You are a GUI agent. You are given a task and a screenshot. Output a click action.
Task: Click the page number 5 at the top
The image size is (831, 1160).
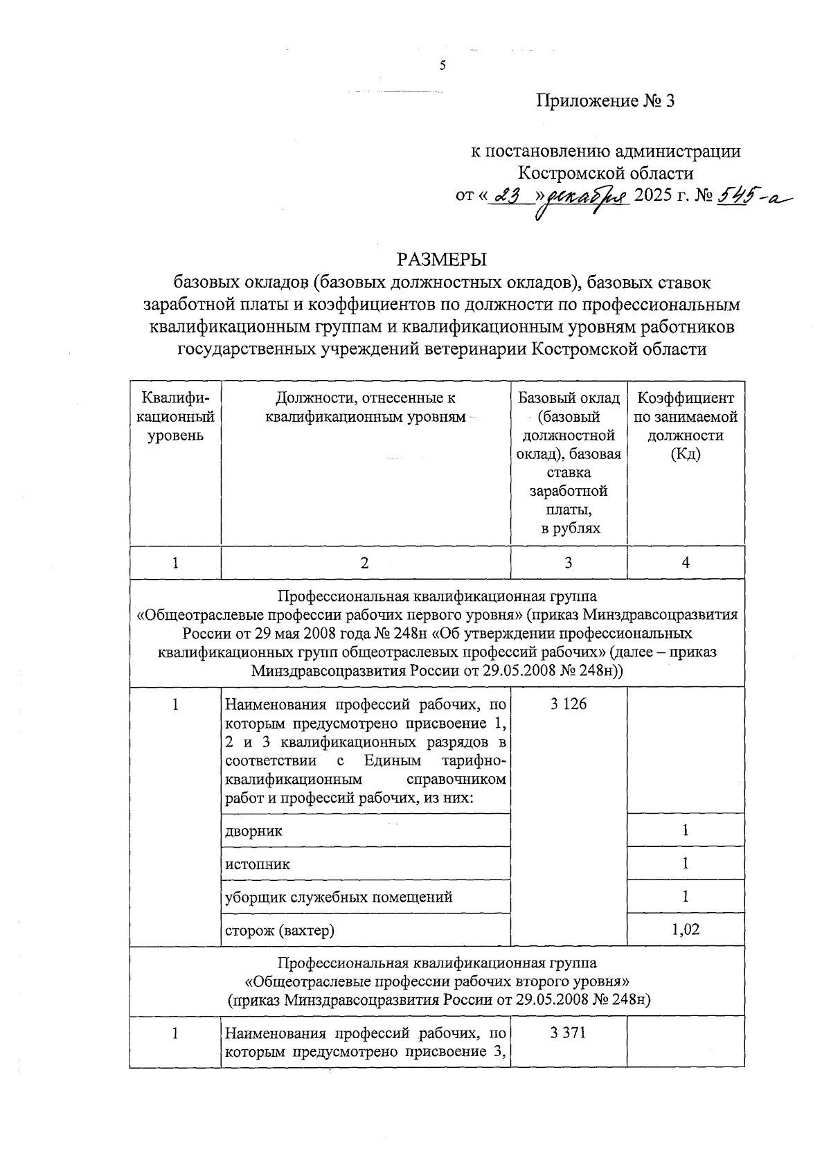click(x=443, y=66)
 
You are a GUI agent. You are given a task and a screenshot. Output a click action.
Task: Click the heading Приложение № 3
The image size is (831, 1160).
click(x=605, y=101)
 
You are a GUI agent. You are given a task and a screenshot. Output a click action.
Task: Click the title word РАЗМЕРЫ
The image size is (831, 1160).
click(x=442, y=260)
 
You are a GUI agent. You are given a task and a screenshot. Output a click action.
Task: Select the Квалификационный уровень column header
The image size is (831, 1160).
click(x=175, y=417)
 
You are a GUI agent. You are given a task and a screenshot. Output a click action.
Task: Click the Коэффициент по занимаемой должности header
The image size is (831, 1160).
click(x=686, y=426)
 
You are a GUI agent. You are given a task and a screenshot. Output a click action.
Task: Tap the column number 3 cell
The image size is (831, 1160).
click(x=569, y=563)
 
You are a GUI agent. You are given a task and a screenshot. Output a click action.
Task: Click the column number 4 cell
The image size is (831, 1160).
click(x=686, y=563)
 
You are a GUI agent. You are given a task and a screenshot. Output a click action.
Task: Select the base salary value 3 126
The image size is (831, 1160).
click(x=569, y=704)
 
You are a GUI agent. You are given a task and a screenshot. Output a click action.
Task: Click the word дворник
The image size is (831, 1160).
click(x=254, y=830)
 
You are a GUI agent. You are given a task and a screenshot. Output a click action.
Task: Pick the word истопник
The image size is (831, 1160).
click(x=258, y=864)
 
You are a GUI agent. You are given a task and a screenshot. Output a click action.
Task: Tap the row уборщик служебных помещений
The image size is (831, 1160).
click(x=339, y=897)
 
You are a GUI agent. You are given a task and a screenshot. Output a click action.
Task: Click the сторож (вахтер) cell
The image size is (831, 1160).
click(x=280, y=930)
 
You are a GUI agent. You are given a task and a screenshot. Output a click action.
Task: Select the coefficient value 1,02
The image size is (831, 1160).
click(x=686, y=929)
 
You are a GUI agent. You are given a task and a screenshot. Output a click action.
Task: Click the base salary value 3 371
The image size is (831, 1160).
click(x=569, y=1033)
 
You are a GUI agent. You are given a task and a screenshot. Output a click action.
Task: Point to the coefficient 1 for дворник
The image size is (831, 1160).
click(x=686, y=830)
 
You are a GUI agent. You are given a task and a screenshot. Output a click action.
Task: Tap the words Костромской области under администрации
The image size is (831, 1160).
click(x=607, y=172)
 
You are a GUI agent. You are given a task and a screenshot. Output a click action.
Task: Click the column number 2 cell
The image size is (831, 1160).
click(x=365, y=563)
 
